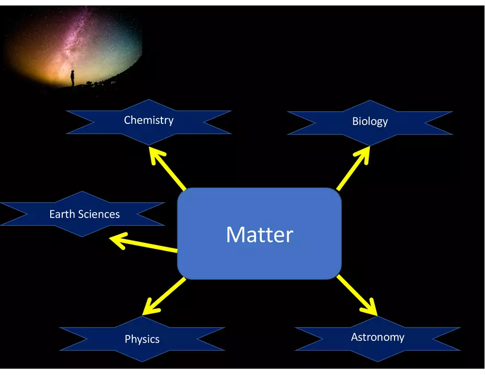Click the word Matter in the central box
click(x=259, y=235)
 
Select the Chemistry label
click(x=148, y=120)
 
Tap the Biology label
click(x=370, y=121)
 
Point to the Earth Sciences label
click(x=84, y=214)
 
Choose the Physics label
click(x=142, y=339)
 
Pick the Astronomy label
click(x=378, y=336)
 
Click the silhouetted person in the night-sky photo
click(x=72, y=78)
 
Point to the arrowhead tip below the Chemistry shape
click(x=152, y=149)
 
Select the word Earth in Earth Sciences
click(x=60, y=214)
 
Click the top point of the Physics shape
click(x=142, y=317)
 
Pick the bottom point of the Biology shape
click(x=370, y=145)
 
